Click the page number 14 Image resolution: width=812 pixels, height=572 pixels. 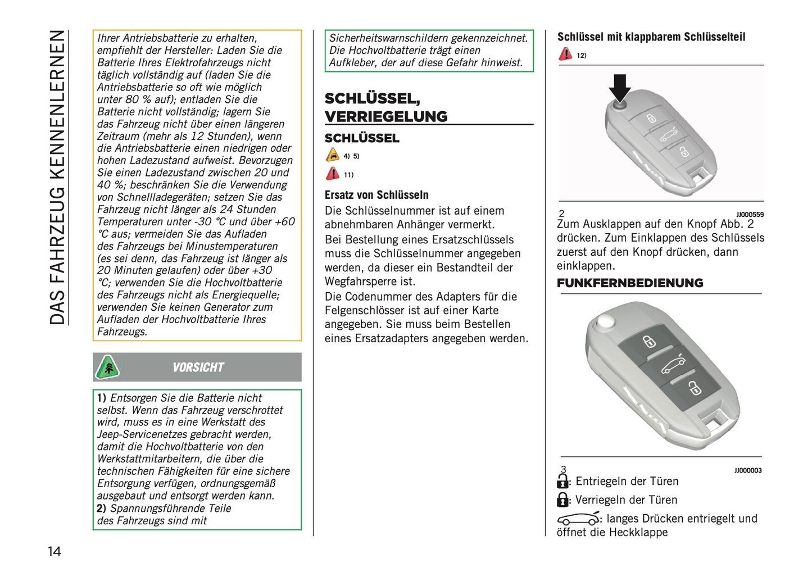click(54, 551)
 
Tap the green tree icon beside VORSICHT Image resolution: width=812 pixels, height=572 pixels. click(107, 367)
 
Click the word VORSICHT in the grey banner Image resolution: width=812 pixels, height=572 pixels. click(198, 367)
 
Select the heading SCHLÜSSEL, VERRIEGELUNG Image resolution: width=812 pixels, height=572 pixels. click(386, 107)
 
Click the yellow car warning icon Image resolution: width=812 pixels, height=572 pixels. click(333, 156)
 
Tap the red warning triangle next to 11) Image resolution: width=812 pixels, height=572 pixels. click(333, 174)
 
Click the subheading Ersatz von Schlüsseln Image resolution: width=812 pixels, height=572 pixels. click(376, 195)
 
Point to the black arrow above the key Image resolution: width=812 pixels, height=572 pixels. click(619, 87)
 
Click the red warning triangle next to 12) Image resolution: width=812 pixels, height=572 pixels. click(565, 55)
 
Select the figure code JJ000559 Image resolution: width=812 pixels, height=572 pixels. click(750, 215)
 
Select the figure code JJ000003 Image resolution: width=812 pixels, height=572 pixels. click(747, 471)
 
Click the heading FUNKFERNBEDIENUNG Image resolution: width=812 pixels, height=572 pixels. click(630, 283)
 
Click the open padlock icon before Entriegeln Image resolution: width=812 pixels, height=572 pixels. click(562, 481)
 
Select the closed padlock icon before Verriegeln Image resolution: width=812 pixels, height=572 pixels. click(562, 500)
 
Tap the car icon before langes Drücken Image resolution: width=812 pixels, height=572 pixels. click(578, 519)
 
